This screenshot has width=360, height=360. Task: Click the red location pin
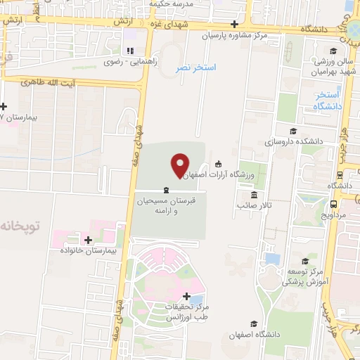tap(180, 165)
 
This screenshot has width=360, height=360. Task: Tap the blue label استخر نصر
tap(195, 67)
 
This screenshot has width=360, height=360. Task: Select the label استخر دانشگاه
tap(328, 100)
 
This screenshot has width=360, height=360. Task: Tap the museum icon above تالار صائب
tap(253, 195)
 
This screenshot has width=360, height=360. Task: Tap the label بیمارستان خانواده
tap(87, 250)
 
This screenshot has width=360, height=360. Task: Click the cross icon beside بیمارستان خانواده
tap(88, 240)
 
